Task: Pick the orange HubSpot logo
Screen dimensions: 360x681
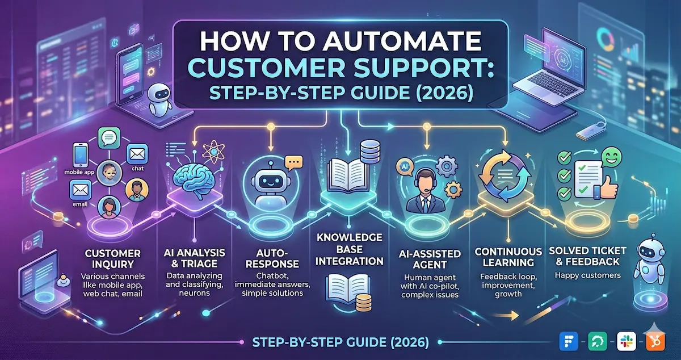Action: coord(654,342)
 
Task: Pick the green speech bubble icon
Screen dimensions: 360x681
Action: coord(107,139)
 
